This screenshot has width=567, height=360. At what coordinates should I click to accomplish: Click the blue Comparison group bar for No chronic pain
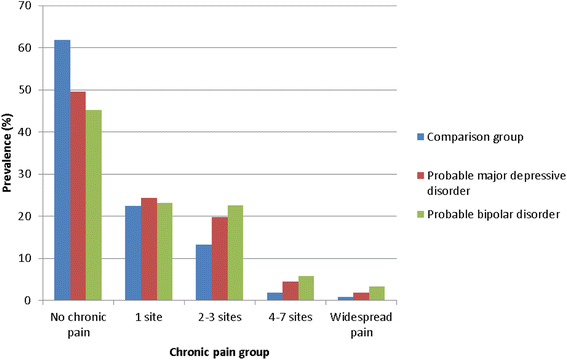point(62,170)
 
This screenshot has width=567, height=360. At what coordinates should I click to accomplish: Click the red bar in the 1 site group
point(148,249)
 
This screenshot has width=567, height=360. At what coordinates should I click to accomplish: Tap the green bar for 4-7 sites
point(306,288)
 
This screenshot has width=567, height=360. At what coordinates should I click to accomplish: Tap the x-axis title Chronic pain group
point(219,350)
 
